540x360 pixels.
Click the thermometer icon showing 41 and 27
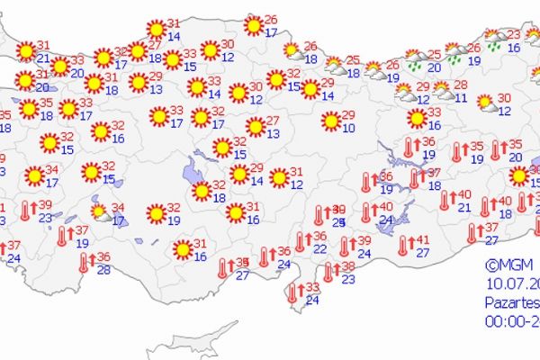point(402,244)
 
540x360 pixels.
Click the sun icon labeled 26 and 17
point(254,25)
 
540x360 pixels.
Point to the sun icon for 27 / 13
point(256,126)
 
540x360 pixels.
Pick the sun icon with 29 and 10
point(331,120)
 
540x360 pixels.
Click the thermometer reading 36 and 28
point(85,262)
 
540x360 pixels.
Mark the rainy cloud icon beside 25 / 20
point(415,61)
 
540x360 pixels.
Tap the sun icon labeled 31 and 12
point(279,177)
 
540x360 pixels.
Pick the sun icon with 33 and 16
point(416,118)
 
